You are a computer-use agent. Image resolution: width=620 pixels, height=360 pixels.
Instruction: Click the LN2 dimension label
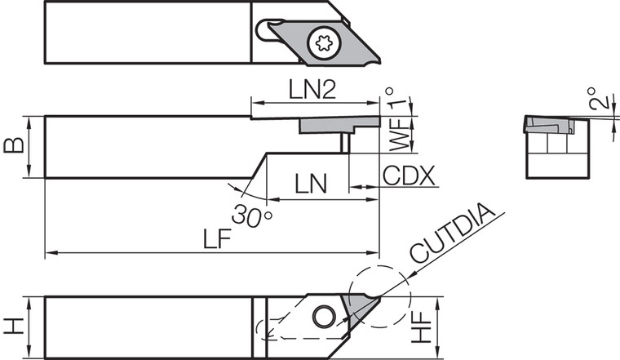click(x=312, y=90)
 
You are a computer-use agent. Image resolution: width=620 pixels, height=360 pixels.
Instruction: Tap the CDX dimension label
click(x=409, y=176)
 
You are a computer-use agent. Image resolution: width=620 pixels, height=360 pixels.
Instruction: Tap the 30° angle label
click(x=251, y=216)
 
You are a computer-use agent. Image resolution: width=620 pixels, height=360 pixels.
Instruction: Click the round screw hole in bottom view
click(x=323, y=316)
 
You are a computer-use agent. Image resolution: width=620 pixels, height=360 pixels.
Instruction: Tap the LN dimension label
click(x=310, y=184)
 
